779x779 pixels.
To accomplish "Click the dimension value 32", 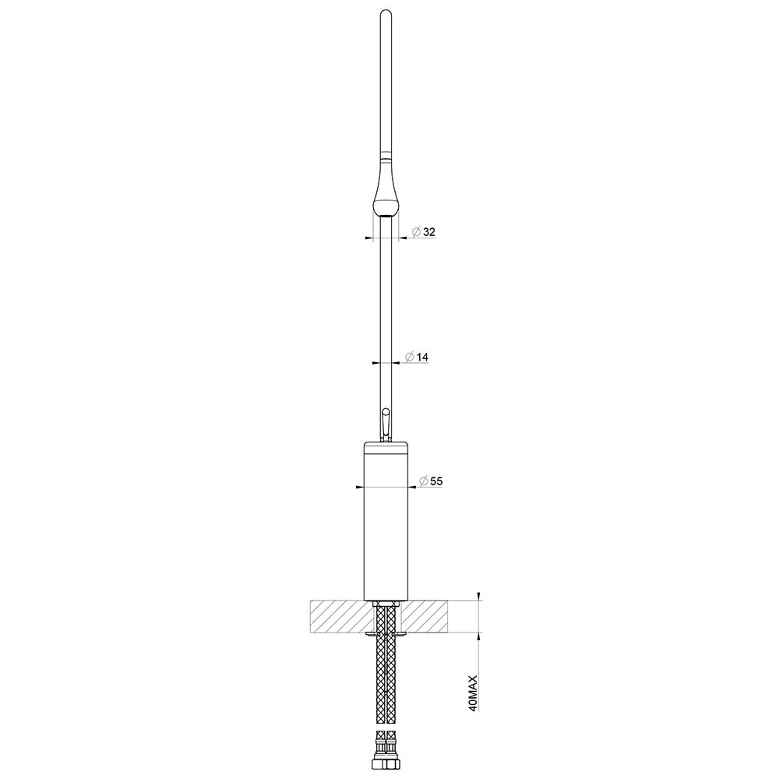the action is (x=429, y=232).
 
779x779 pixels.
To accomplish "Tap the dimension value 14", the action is (x=422, y=357).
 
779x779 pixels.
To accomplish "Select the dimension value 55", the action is (x=436, y=481).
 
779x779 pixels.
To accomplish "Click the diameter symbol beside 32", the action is (x=417, y=232).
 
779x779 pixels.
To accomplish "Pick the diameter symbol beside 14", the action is (x=410, y=357).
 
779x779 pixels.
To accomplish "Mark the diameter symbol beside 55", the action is (x=424, y=481).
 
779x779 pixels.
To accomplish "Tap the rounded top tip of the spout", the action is (x=386, y=12).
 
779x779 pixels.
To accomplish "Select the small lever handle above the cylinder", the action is (x=386, y=425).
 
